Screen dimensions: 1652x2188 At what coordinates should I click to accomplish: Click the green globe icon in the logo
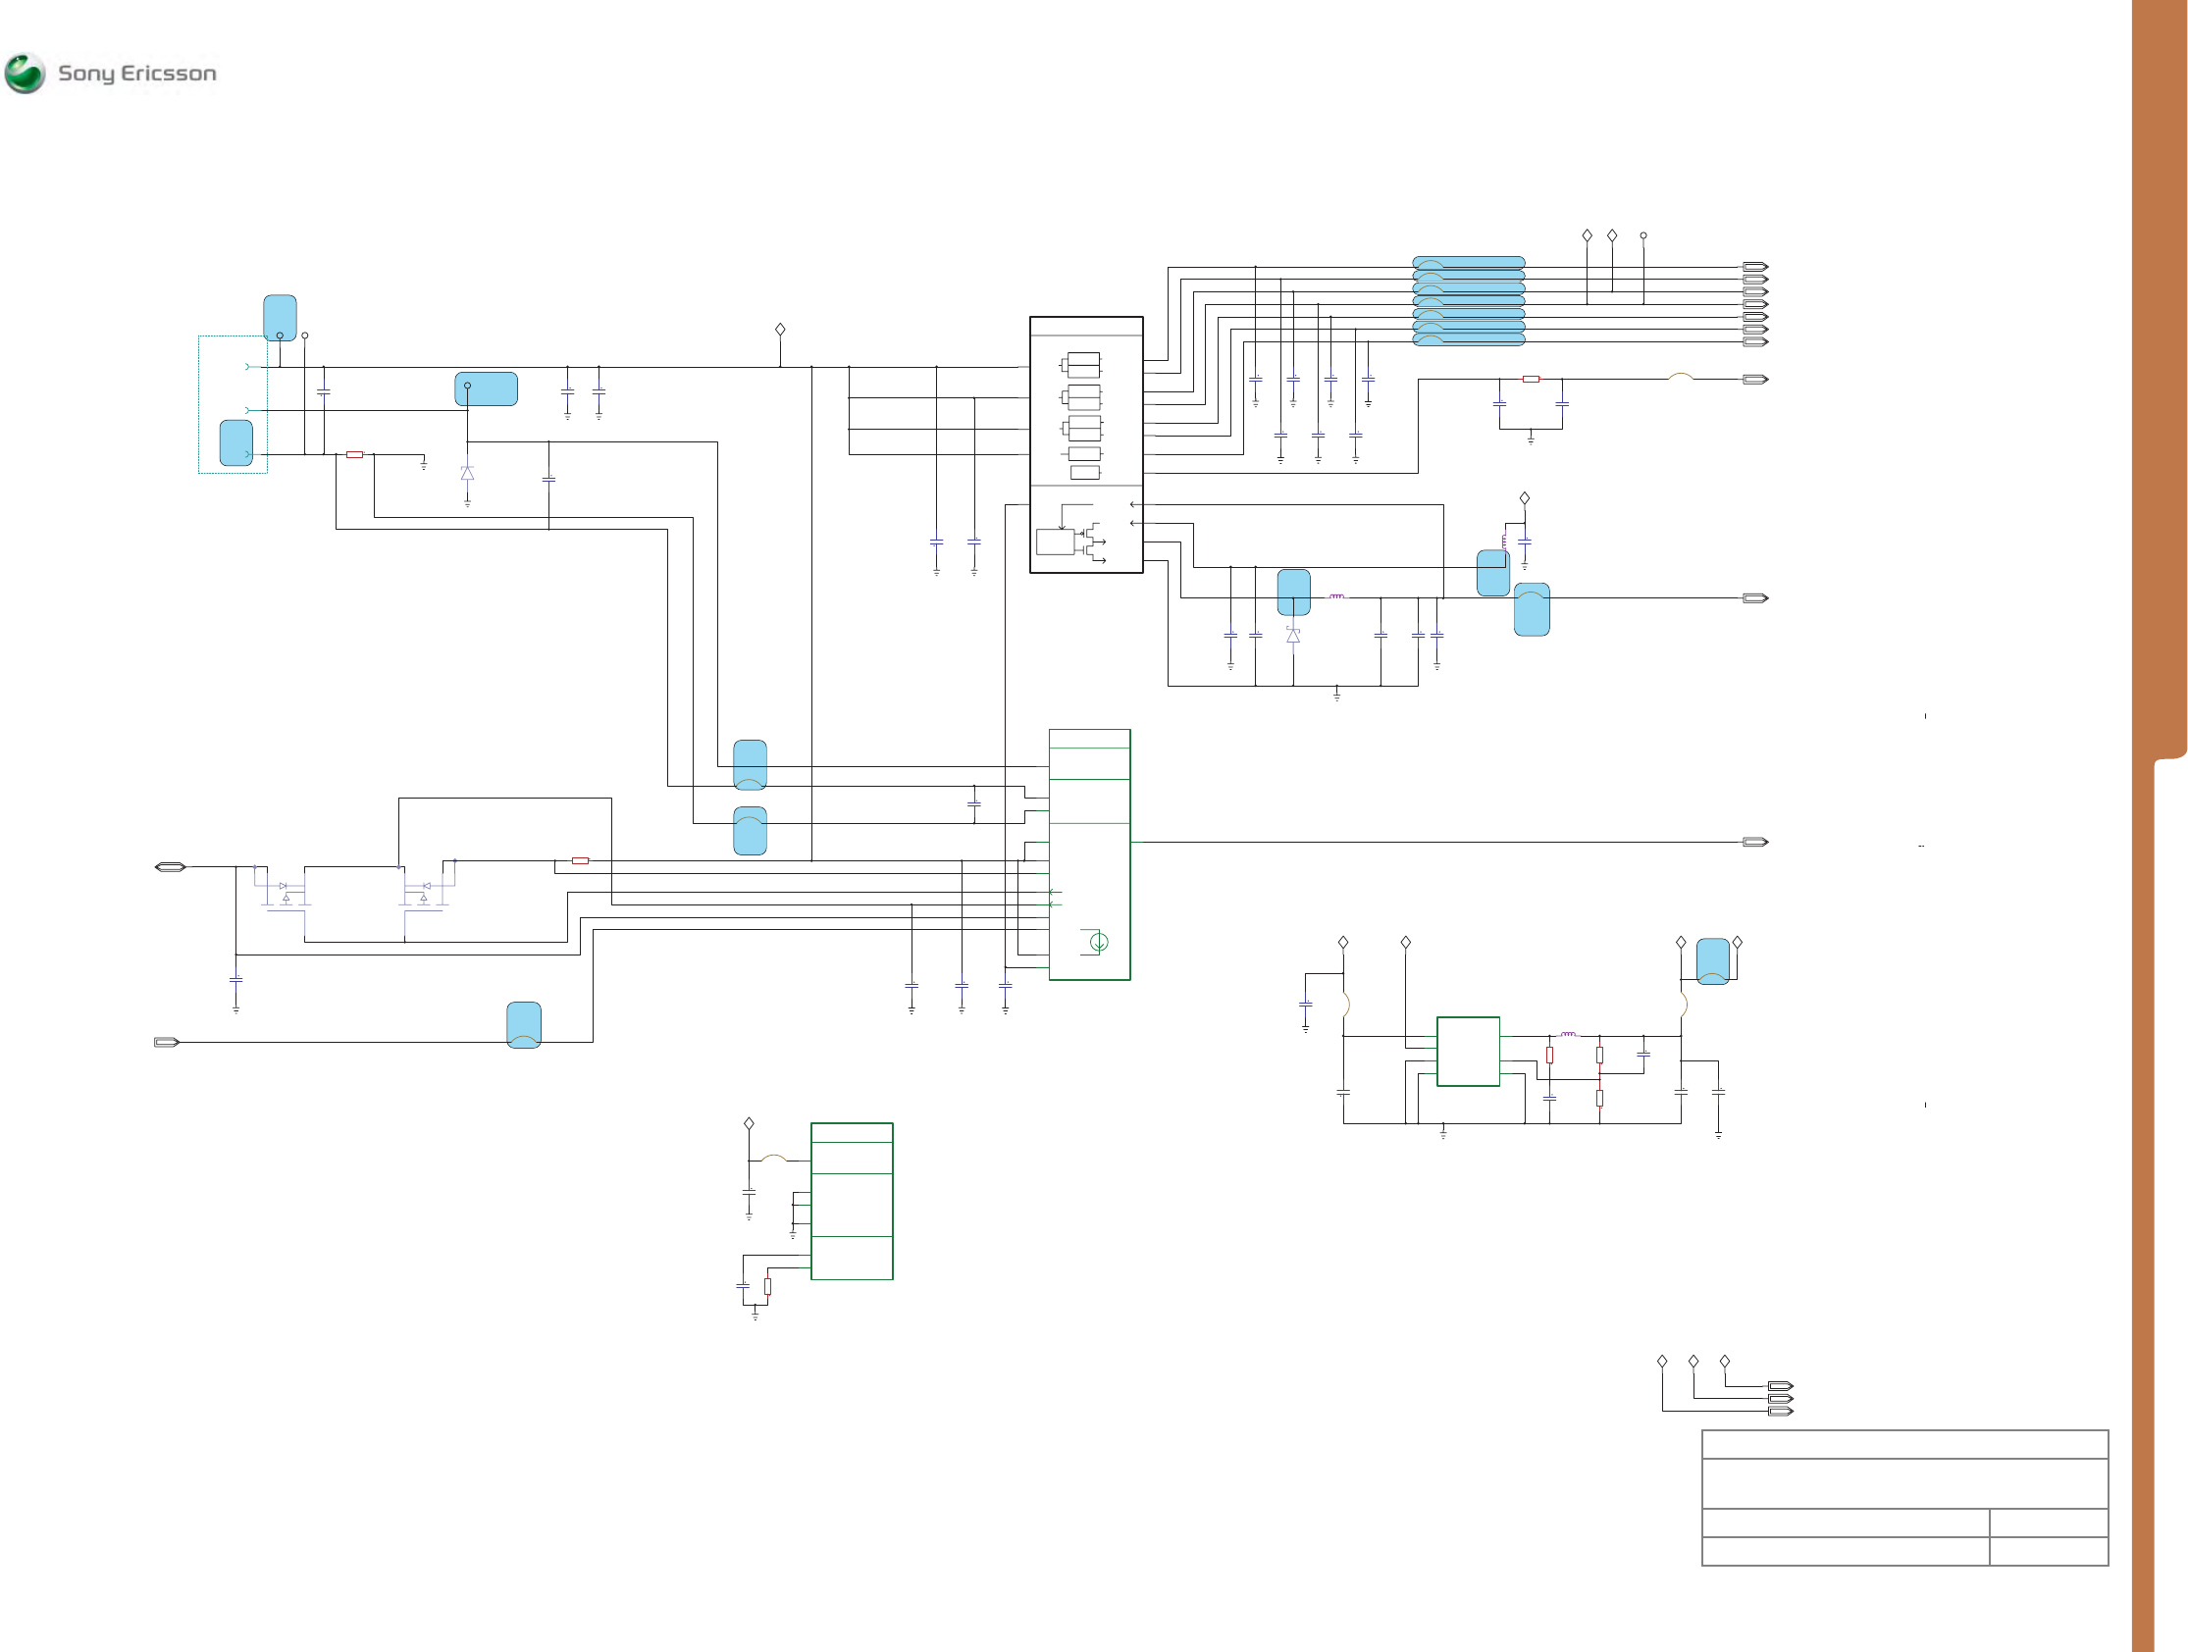point(25,74)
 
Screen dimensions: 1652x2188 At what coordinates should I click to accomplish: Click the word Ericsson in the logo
point(168,74)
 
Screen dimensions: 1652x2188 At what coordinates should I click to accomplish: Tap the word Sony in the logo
point(86,75)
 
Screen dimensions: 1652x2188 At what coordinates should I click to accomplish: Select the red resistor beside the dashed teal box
point(354,455)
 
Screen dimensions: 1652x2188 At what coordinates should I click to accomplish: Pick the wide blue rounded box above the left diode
point(486,388)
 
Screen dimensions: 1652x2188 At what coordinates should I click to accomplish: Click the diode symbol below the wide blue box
point(467,474)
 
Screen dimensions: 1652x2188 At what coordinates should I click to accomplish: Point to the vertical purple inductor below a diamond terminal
point(1504,542)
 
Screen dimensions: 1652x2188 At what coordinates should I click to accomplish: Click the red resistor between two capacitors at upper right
point(1531,379)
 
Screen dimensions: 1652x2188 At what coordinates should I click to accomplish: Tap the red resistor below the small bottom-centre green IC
point(767,1287)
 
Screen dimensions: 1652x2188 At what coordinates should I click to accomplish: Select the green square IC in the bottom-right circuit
point(1468,1052)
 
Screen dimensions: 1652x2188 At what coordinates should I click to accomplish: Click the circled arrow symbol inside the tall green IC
point(1098,942)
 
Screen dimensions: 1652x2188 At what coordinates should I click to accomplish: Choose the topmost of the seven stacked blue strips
point(1468,262)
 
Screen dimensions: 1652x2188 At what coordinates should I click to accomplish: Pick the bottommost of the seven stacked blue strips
point(1468,339)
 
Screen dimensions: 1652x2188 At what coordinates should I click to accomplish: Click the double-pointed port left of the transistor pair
point(170,867)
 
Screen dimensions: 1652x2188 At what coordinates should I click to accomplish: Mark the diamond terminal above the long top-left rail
point(780,330)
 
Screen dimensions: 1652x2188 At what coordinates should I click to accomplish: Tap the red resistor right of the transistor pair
point(581,860)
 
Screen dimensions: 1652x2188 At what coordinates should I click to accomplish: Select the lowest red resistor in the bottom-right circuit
point(1599,1098)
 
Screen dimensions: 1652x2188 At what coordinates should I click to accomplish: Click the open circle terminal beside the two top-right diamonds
point(1643,235)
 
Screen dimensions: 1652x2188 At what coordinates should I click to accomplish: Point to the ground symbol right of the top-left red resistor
point(423,463)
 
